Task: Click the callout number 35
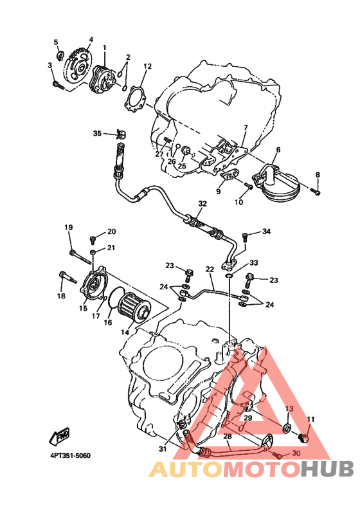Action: coord(97,133)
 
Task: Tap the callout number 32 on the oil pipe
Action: coord(203,204)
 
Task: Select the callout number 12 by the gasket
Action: coord(148,66)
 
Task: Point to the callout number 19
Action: coord(69,227)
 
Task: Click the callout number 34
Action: coord(266,232)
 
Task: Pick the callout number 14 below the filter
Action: coord(125,332)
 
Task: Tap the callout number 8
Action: coord(318,175)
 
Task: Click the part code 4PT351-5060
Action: coord(70,455)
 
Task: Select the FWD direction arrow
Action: coord(60,436)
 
